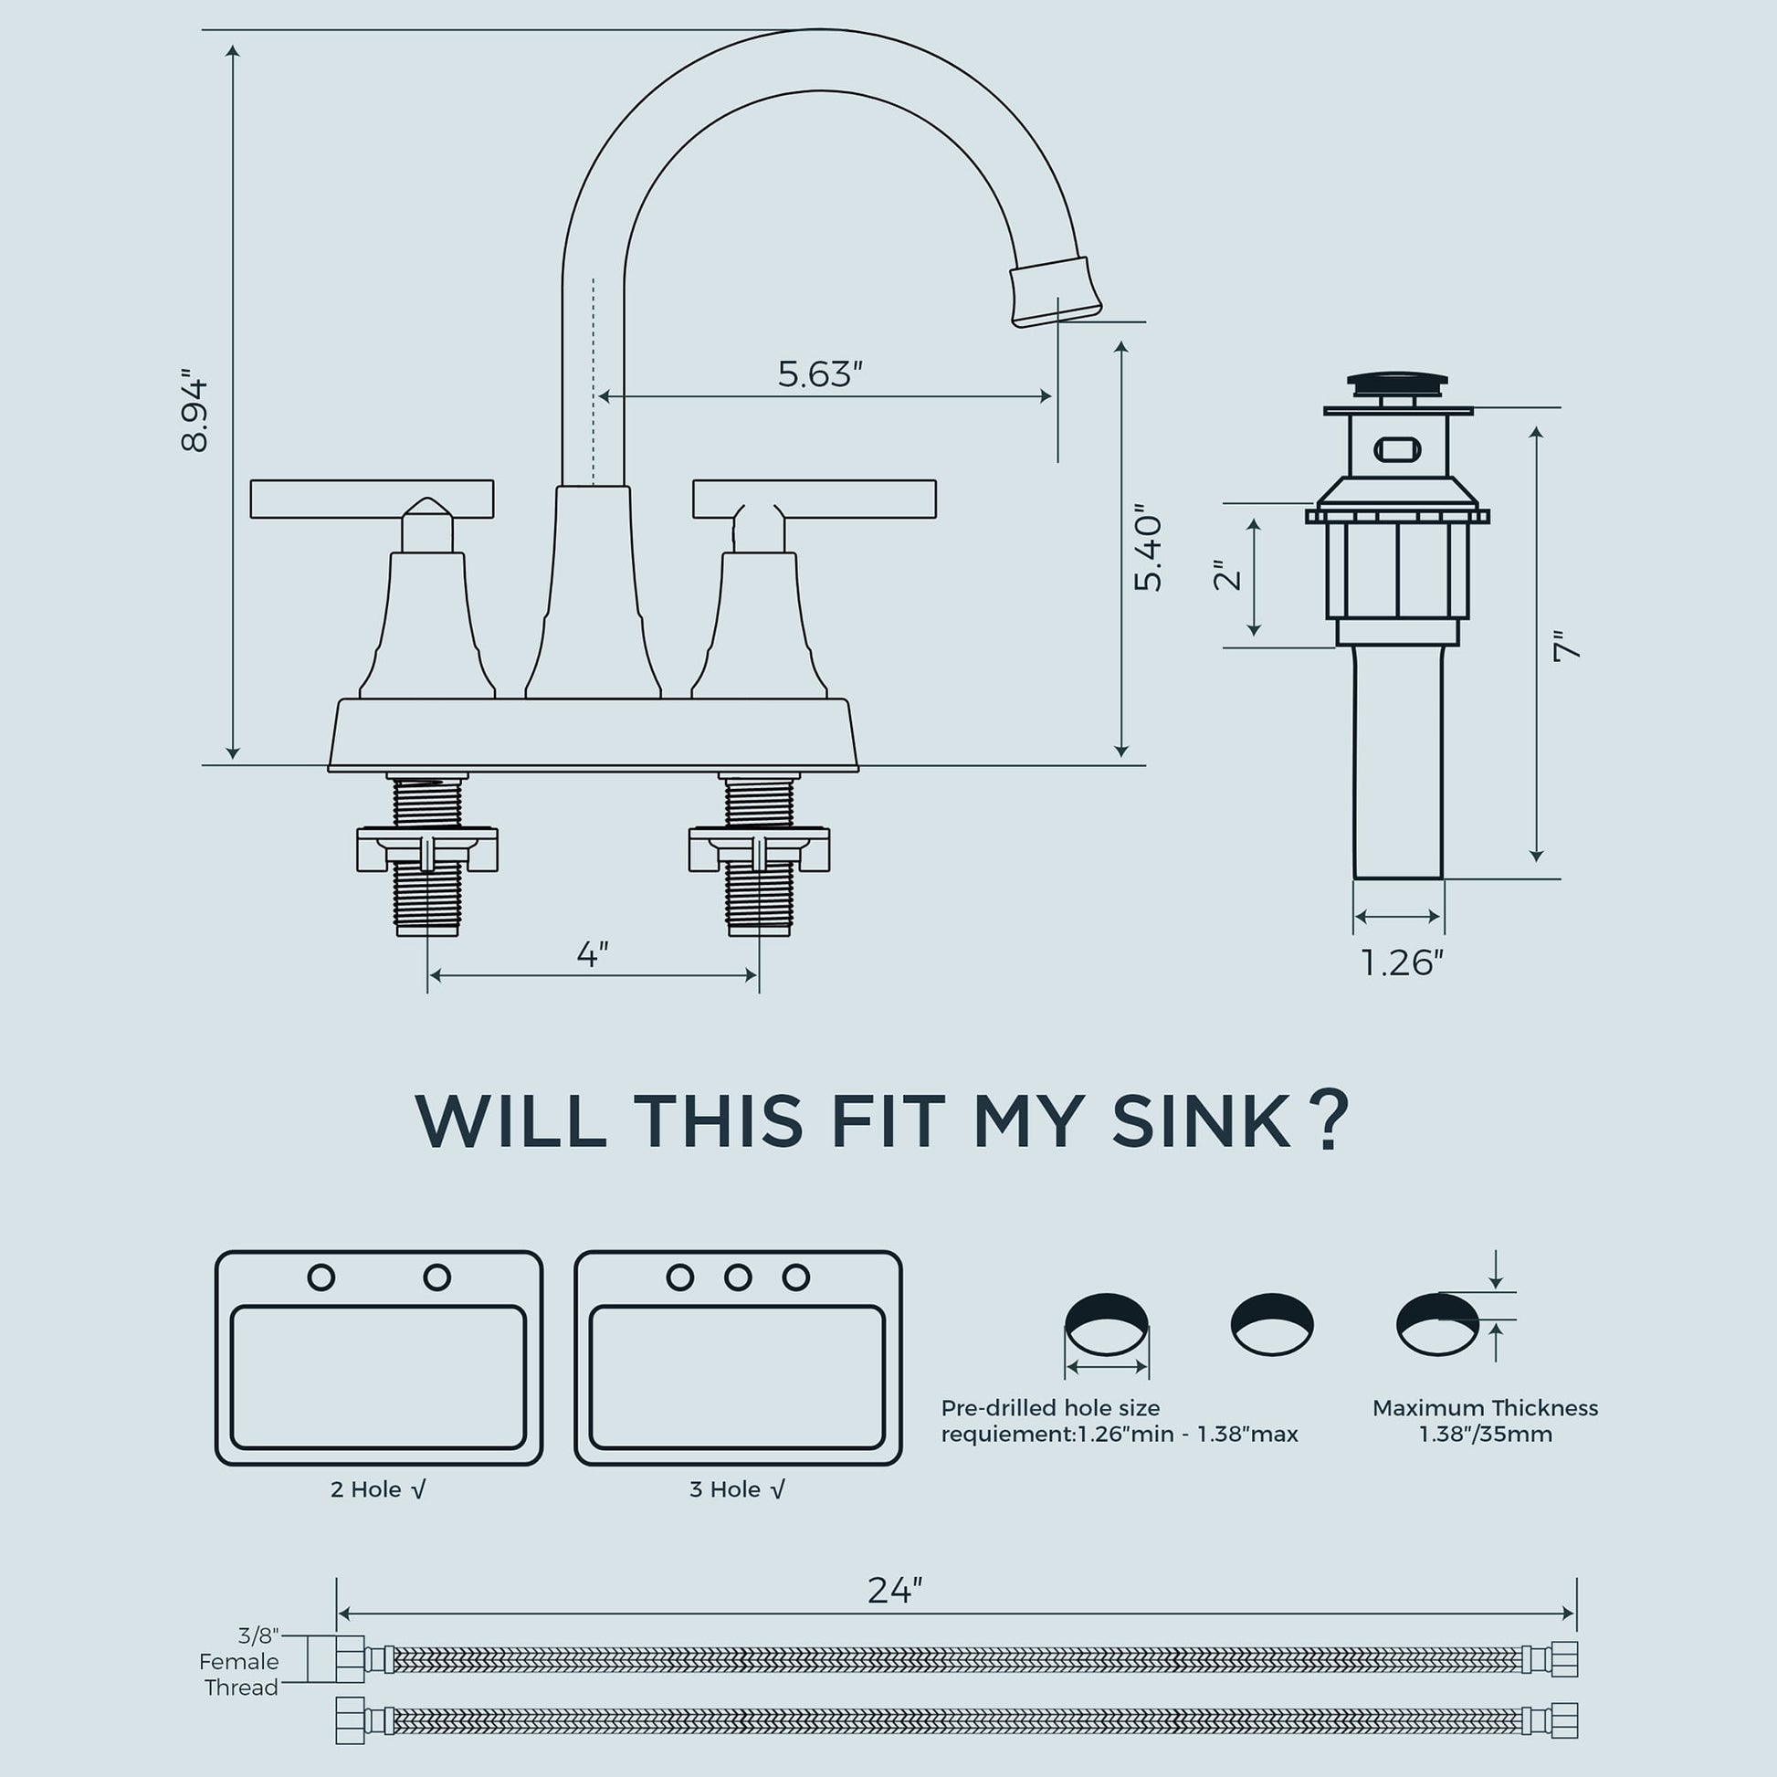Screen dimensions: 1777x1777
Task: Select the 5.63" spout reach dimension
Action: (x=820, y=374)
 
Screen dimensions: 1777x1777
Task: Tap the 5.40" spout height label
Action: (x=1149, y=547)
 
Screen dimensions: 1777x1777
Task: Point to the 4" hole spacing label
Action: (x=594, y=954)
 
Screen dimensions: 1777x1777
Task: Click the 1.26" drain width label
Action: (x=1403, y=963)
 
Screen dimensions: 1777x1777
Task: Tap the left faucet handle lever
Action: (x=372, y=499)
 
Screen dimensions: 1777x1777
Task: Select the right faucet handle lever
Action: (x=814, y=499)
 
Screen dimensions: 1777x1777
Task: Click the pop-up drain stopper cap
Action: (x=1397, y=384)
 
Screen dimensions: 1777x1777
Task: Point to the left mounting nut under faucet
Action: (x=426, y=849)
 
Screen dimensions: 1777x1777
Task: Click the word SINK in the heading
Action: (x=1200, y=1121)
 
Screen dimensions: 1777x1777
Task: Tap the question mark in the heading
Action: (x=1329, y=1119)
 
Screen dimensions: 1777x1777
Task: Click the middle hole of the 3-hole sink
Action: (x=738, y=1277)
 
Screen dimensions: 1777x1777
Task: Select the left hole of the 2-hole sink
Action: (x=321, y=1277)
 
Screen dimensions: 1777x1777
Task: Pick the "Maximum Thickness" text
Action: (x=1486, y=1407)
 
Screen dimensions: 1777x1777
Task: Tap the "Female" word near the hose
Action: (x=239, y=1661)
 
